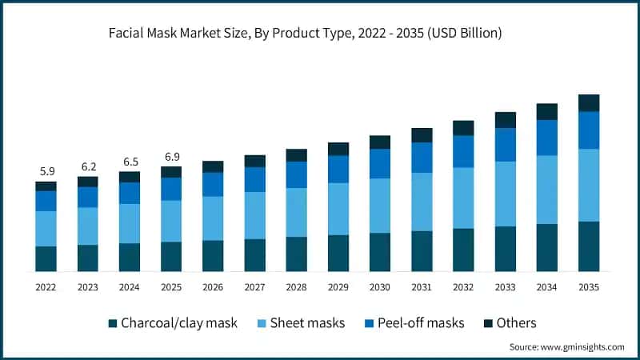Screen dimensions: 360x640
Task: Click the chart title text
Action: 320,34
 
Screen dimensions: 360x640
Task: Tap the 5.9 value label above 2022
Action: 46,170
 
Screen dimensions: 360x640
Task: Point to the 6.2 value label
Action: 87,166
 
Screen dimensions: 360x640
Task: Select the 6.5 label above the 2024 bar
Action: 129,162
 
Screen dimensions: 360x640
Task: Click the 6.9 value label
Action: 171,156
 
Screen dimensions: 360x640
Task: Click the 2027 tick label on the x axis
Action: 254,286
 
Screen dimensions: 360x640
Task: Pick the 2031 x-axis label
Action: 422,286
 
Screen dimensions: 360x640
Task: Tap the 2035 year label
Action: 589,286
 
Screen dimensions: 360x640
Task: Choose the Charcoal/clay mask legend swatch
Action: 113,323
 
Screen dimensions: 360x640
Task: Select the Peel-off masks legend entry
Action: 422,323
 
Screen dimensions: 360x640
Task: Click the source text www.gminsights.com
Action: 566,346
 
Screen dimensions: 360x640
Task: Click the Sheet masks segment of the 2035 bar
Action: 589,185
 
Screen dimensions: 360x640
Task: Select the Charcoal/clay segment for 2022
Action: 46,258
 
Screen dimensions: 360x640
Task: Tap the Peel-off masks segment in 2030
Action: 380,163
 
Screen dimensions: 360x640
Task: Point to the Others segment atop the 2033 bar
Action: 506,120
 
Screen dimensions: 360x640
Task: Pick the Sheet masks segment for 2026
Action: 213,218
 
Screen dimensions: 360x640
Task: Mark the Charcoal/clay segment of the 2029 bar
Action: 338,253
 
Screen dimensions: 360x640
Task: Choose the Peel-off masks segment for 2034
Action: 547,138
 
